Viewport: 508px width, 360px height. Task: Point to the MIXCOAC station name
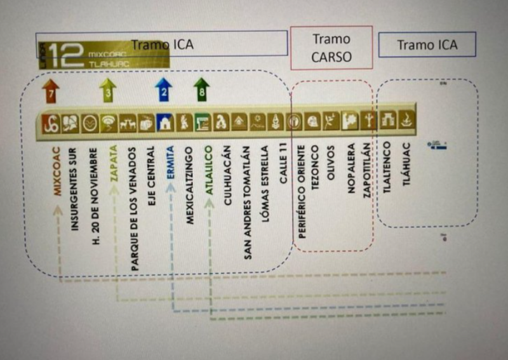click(x=57, y=171)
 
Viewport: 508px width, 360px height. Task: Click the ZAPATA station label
click(x=114, y=164)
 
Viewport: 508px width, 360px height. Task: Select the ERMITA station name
click(x=170, y=164)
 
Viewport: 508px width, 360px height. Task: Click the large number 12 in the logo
click(x=67, y=57)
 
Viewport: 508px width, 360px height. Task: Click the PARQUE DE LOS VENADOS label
click(x=133, y=209)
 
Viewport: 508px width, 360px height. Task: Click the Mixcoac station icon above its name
click(x=50, y=122)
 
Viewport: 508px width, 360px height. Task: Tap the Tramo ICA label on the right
click(x=427, y=45)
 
